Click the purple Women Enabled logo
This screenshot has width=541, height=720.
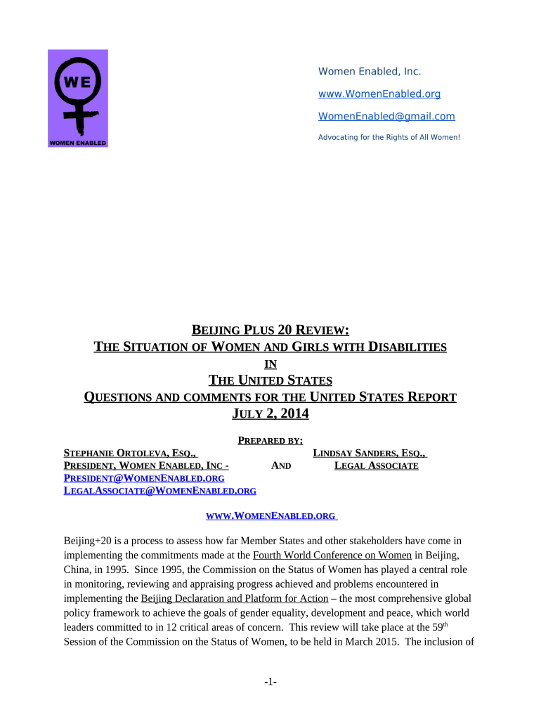click(77, 98)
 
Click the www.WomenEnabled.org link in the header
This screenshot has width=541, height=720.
click(379, 94)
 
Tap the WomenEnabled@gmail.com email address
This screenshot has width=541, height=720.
click(386, 116)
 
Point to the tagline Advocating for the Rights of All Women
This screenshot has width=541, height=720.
click(389, 136)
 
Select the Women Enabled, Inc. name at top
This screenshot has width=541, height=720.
click(370, 71)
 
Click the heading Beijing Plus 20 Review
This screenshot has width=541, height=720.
click(270, 330)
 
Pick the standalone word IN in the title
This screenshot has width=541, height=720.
click(270, 364)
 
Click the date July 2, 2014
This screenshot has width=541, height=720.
click(270, 414)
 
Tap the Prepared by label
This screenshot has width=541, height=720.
click(270, 441)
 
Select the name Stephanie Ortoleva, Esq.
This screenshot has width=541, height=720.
click(130, 454)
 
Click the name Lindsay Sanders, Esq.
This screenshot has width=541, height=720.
click(370, 454)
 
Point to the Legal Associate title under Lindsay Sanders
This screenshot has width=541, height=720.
click(376, 465)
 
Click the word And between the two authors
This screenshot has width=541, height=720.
click(281, 465)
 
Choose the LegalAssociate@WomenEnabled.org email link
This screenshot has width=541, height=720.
click(159, 491)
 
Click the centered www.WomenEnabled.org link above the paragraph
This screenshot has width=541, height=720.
click(270, 516)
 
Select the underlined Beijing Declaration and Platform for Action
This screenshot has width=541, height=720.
click(235, 598)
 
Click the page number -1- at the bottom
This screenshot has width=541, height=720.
click(270, 682)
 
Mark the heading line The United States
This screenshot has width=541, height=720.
click(270, 381)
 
